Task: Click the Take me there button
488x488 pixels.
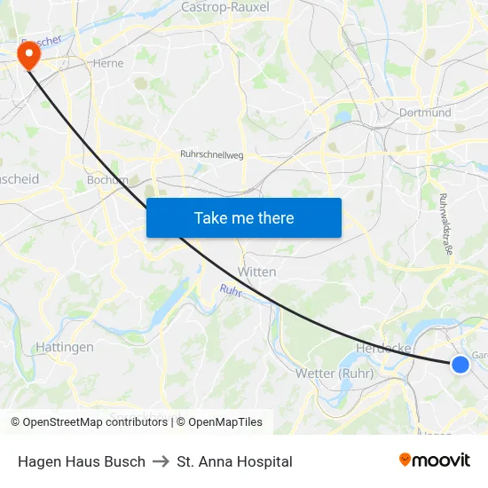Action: [x=243, y=217]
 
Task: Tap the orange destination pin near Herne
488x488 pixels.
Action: [x=29, y=56]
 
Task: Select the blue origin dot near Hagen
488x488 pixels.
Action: [x=460, y=364]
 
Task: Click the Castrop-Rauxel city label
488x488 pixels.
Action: [x=224, y=7]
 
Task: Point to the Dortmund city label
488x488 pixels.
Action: [x=425, y=113]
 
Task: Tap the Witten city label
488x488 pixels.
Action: [x=257, y=272]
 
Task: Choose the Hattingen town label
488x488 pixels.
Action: [x=65, y=347]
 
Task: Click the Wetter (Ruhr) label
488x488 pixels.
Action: [x=334, y=373]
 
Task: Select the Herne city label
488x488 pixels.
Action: [x=108, y=63]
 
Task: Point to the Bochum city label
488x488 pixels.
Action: [x=107, y=180]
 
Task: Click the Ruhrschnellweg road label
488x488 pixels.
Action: [x=211, y=154]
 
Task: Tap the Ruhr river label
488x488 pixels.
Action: [x=231, y=290]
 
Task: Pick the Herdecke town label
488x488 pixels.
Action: [x=383, y=348]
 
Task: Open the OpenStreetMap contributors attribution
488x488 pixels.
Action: [x=89, y=422]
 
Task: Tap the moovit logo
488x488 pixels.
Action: [x=434, y=460]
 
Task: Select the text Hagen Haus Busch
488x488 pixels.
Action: [x=81, y=461]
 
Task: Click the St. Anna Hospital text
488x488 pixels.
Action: [x=234, y=461]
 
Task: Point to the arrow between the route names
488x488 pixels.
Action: [x=161, y=461]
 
